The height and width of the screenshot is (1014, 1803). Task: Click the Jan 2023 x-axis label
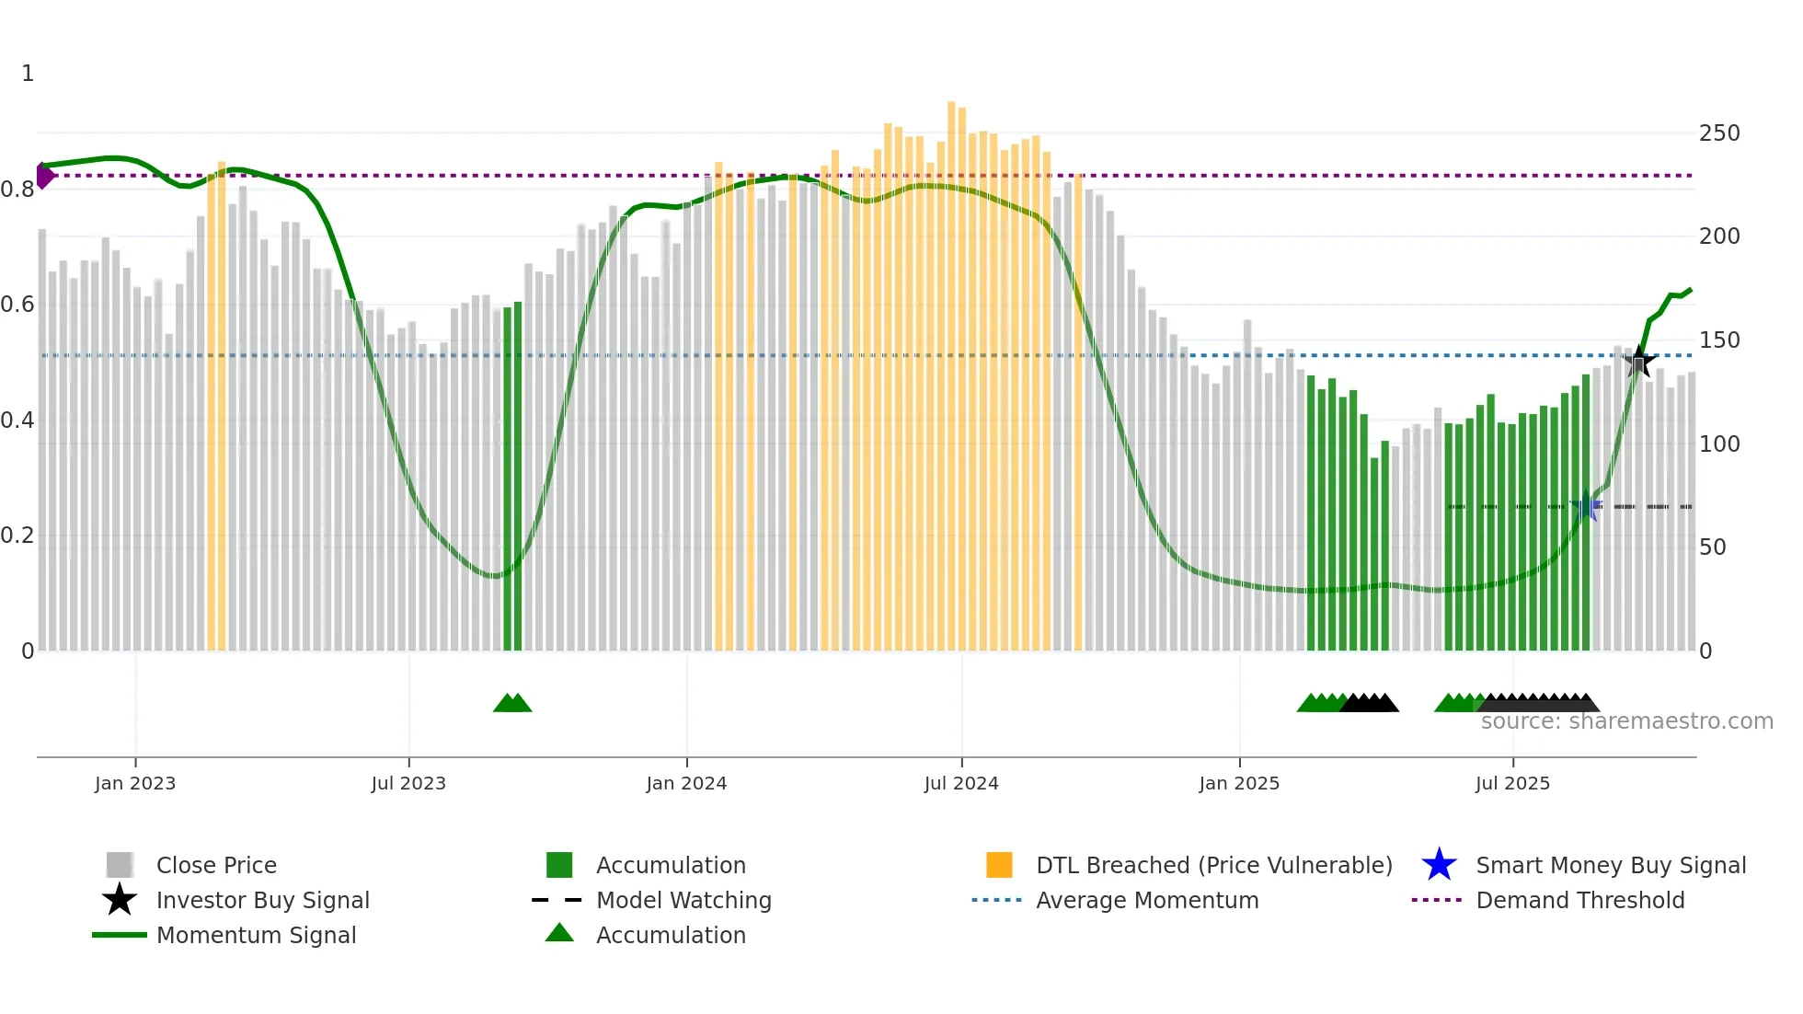135,783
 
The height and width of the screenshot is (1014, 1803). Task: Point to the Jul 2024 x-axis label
961,783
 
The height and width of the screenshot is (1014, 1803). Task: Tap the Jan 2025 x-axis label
1239,783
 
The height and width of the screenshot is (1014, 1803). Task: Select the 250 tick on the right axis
1719,133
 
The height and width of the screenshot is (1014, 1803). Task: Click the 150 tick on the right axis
1719,340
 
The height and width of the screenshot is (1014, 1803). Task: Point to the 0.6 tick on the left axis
17,305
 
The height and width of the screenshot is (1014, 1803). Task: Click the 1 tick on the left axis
28,74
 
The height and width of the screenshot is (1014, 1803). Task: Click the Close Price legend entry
216,865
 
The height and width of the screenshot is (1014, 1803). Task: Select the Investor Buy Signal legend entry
262,900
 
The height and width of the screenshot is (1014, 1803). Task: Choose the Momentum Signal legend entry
256,935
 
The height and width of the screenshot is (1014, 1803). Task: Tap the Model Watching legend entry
683,900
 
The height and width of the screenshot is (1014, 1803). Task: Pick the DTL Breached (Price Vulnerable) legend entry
1213,865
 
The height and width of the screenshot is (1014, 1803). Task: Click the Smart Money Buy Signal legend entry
1611,865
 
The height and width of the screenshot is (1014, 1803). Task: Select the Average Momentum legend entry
1147,900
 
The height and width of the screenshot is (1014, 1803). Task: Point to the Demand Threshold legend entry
1580,900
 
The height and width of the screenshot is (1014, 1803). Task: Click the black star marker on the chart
1638,362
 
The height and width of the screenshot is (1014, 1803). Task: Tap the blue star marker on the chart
1586,507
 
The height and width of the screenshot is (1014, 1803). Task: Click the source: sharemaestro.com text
1626,721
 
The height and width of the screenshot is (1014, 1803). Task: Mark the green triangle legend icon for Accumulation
559,933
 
